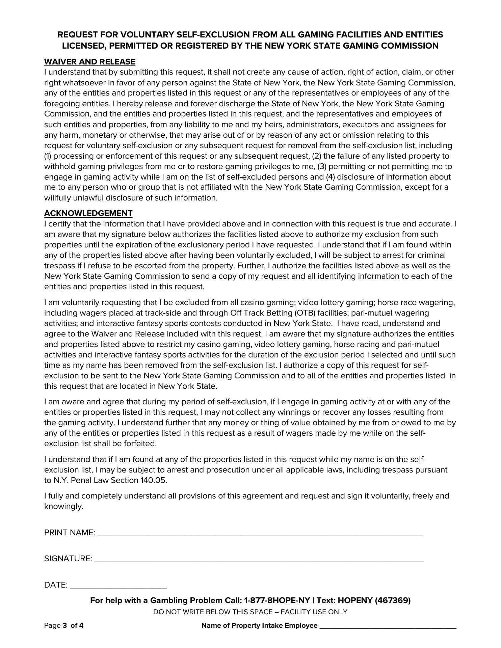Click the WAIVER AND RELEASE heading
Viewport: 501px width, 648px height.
[x=89, y=62]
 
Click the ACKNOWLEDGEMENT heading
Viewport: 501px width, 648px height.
[x=88, y=213]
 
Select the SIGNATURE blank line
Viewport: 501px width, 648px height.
[x=259, y=559]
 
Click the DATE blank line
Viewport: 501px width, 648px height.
[x=118, y=585]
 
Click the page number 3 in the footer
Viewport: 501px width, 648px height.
[x=64, y=626]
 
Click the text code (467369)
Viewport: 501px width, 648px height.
[x=393, y=601]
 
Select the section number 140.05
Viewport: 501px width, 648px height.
[x=153, y=480]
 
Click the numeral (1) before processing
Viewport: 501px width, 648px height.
[x=48, y=156]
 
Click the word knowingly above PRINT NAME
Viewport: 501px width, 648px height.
[x=63, y=507]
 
